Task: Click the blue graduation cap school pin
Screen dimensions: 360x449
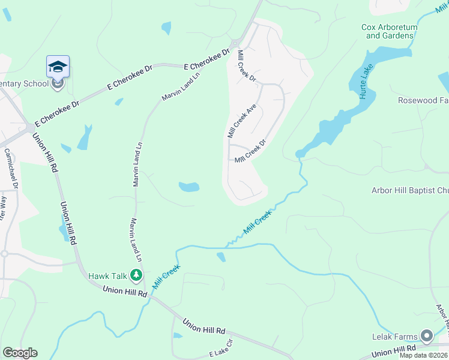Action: pyautogui.click(x=58, y=66)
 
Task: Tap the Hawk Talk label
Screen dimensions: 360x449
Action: pyautogui.click(x=107, y=276)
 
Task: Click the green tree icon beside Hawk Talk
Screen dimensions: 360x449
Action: pyautogui.click(x=137, y=275)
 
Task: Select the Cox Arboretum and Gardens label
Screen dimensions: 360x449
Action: pyautogui.click(x=388, y=31)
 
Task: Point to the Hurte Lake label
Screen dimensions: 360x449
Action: pyautogui.click(x=363, y=71)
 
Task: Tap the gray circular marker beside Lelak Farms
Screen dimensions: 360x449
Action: pyautogui.click(x=427, y=335)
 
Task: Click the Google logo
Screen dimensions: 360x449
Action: pyautogui.click(x=20, y=353)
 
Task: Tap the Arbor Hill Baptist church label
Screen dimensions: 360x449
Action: pyautogui.click(x=410, y=191)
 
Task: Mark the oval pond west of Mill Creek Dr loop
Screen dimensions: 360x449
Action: pyautogui.click(x=188, y=187)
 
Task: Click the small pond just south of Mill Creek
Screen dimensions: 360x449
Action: pyautogui.click(x=221, y=257)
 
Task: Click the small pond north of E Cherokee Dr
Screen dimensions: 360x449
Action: pyautogui.click(x=166, y=28)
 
